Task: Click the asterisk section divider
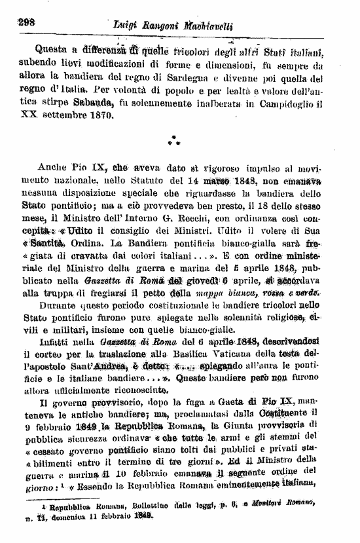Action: point(173,140)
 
